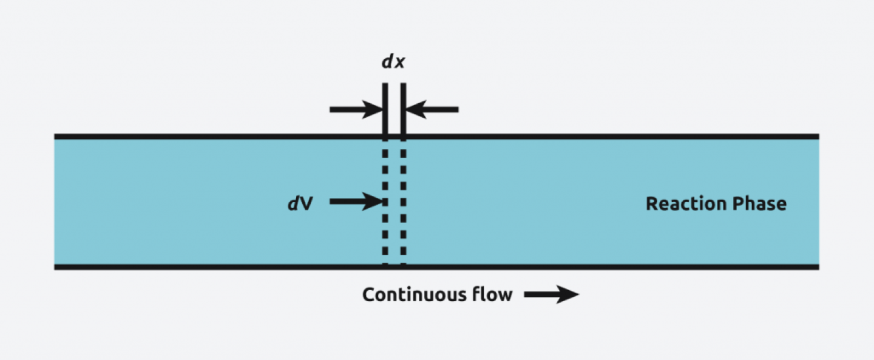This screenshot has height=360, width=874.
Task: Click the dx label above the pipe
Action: [x=393, y=63]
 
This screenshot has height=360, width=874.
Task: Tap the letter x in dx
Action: [x=399, y=63]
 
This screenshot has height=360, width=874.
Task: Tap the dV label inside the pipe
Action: [x=300, y=203]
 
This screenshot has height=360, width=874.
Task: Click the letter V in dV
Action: [x=306, y=203]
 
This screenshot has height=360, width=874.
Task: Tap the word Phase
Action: [x=759, y=203]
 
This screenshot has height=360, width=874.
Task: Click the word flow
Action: [x=492, y=295]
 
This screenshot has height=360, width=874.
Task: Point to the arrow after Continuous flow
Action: [x=551, y=295]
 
